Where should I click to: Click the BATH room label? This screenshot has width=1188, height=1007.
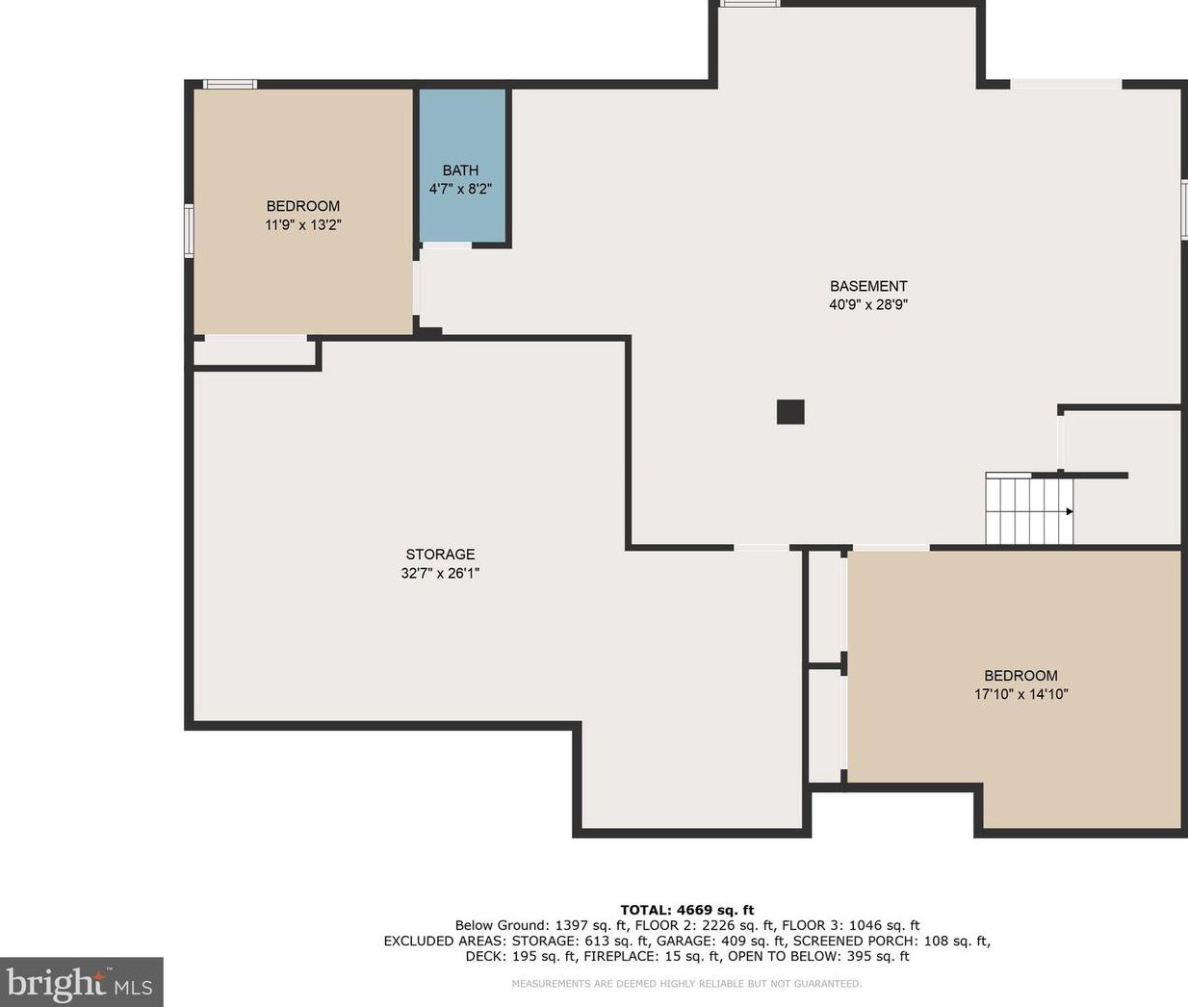[x=460, y=170]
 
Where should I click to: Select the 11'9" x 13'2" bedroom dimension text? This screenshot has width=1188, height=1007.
[x=303, y=224]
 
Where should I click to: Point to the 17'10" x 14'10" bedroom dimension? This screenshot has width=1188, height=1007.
[x=1020, y=694]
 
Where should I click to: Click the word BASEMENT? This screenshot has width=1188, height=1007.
[x=868, y=286]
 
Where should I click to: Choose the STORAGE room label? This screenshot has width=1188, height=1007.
[x=440, y=555]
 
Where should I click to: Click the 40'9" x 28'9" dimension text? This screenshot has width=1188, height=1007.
[x=867, y=304]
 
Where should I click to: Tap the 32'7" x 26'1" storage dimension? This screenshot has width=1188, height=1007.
[x=440, y=573]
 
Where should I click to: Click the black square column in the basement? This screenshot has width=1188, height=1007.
[x=790, y=411]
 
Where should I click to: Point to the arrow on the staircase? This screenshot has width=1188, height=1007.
[x=1070, y=511]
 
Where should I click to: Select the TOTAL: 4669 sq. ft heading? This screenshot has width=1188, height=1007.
[x=686, y=910]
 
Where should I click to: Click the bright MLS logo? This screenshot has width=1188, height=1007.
[x=81, y=982]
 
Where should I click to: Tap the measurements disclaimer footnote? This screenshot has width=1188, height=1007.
[x=686, y=984]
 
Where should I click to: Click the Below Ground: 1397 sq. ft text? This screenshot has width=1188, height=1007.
[x=540, y=925]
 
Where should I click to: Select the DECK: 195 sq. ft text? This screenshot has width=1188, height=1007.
[x=521, y=956]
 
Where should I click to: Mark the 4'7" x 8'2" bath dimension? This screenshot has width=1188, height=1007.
[x=460, y=189]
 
